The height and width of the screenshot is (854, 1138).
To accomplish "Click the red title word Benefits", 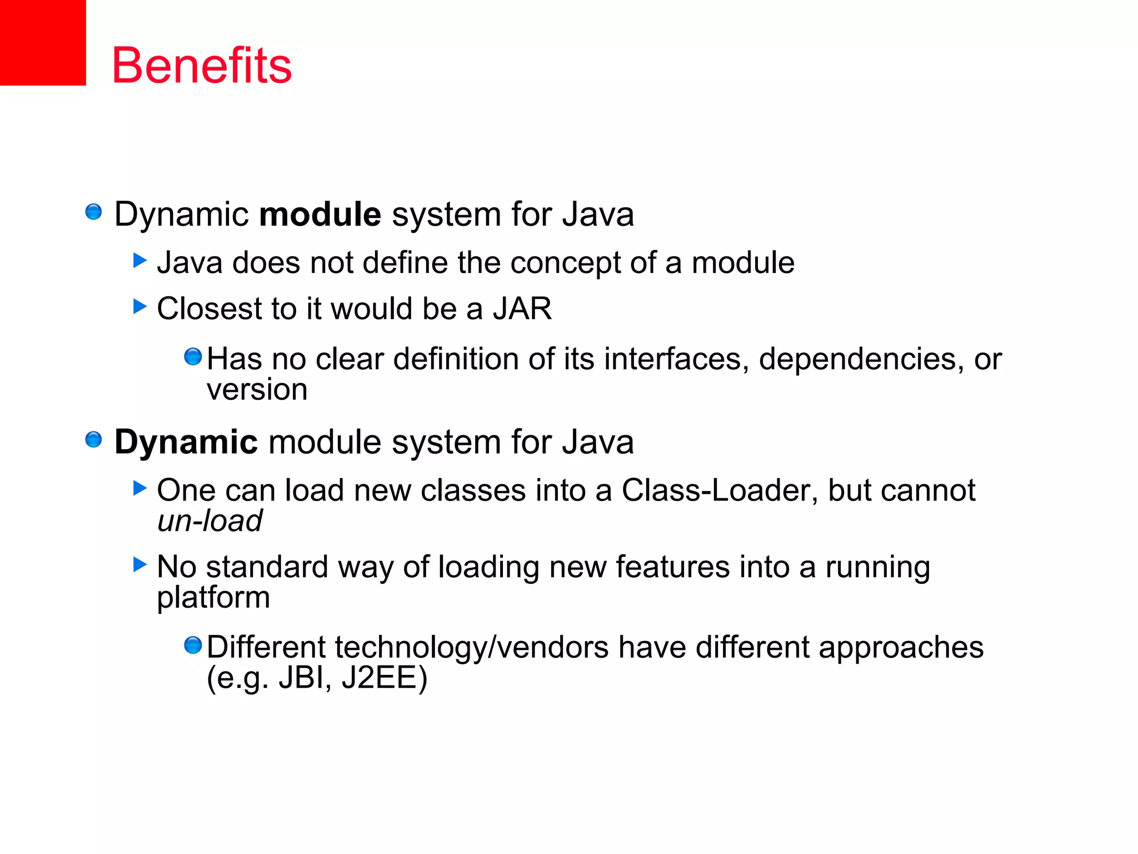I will tap(202, 66).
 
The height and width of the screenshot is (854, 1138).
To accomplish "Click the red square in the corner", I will tap(43, 42).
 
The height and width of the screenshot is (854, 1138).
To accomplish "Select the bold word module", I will tap(320, 215).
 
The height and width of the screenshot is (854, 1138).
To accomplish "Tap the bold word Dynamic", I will tap(186, 443).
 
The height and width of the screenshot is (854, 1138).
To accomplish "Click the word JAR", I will tap(522, 309).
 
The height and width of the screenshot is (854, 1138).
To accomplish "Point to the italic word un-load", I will tap(209, 521).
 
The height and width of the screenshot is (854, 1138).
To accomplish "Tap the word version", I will tap(257, 389).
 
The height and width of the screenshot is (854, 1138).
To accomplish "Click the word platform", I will tap(213, 598).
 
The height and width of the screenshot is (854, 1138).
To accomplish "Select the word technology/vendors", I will tap(471, 648).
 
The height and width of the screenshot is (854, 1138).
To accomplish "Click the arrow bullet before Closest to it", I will tap(139, 306).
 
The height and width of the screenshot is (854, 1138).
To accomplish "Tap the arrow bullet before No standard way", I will tap(139, 565).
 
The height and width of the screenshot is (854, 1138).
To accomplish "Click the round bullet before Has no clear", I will tap(193, 356).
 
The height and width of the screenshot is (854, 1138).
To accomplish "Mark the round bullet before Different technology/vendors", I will tap(193, 646).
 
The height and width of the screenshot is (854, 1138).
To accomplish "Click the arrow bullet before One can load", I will tap(139, 488).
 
